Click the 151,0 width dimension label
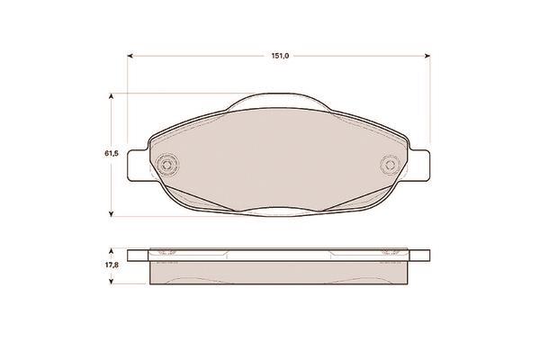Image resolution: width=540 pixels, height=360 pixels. pyautogui.click(x=280, y=56)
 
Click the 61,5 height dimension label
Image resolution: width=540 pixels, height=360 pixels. pyautogui.click(x=112, y=153)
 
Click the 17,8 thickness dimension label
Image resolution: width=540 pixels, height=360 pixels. pyautogui.click(x=112, y=265)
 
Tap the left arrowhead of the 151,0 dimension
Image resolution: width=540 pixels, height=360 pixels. pyautogui.click(x=130, y=56)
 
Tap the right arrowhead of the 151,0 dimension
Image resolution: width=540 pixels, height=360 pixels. pyautogui.click(x=427, y=56)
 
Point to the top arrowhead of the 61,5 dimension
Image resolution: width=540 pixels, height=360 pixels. pyautogui.click(x=111, y=96)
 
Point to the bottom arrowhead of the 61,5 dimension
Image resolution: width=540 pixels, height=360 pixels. pyautogui.click(x=111, y=214)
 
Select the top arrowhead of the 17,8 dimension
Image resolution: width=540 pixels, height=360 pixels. pyautogui.click(x=111, y=251)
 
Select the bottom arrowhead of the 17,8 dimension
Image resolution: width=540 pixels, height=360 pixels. pyautogui.click(x=111, y=282)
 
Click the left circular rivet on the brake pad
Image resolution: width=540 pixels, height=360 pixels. pyautogui.click(x=167, y=165)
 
